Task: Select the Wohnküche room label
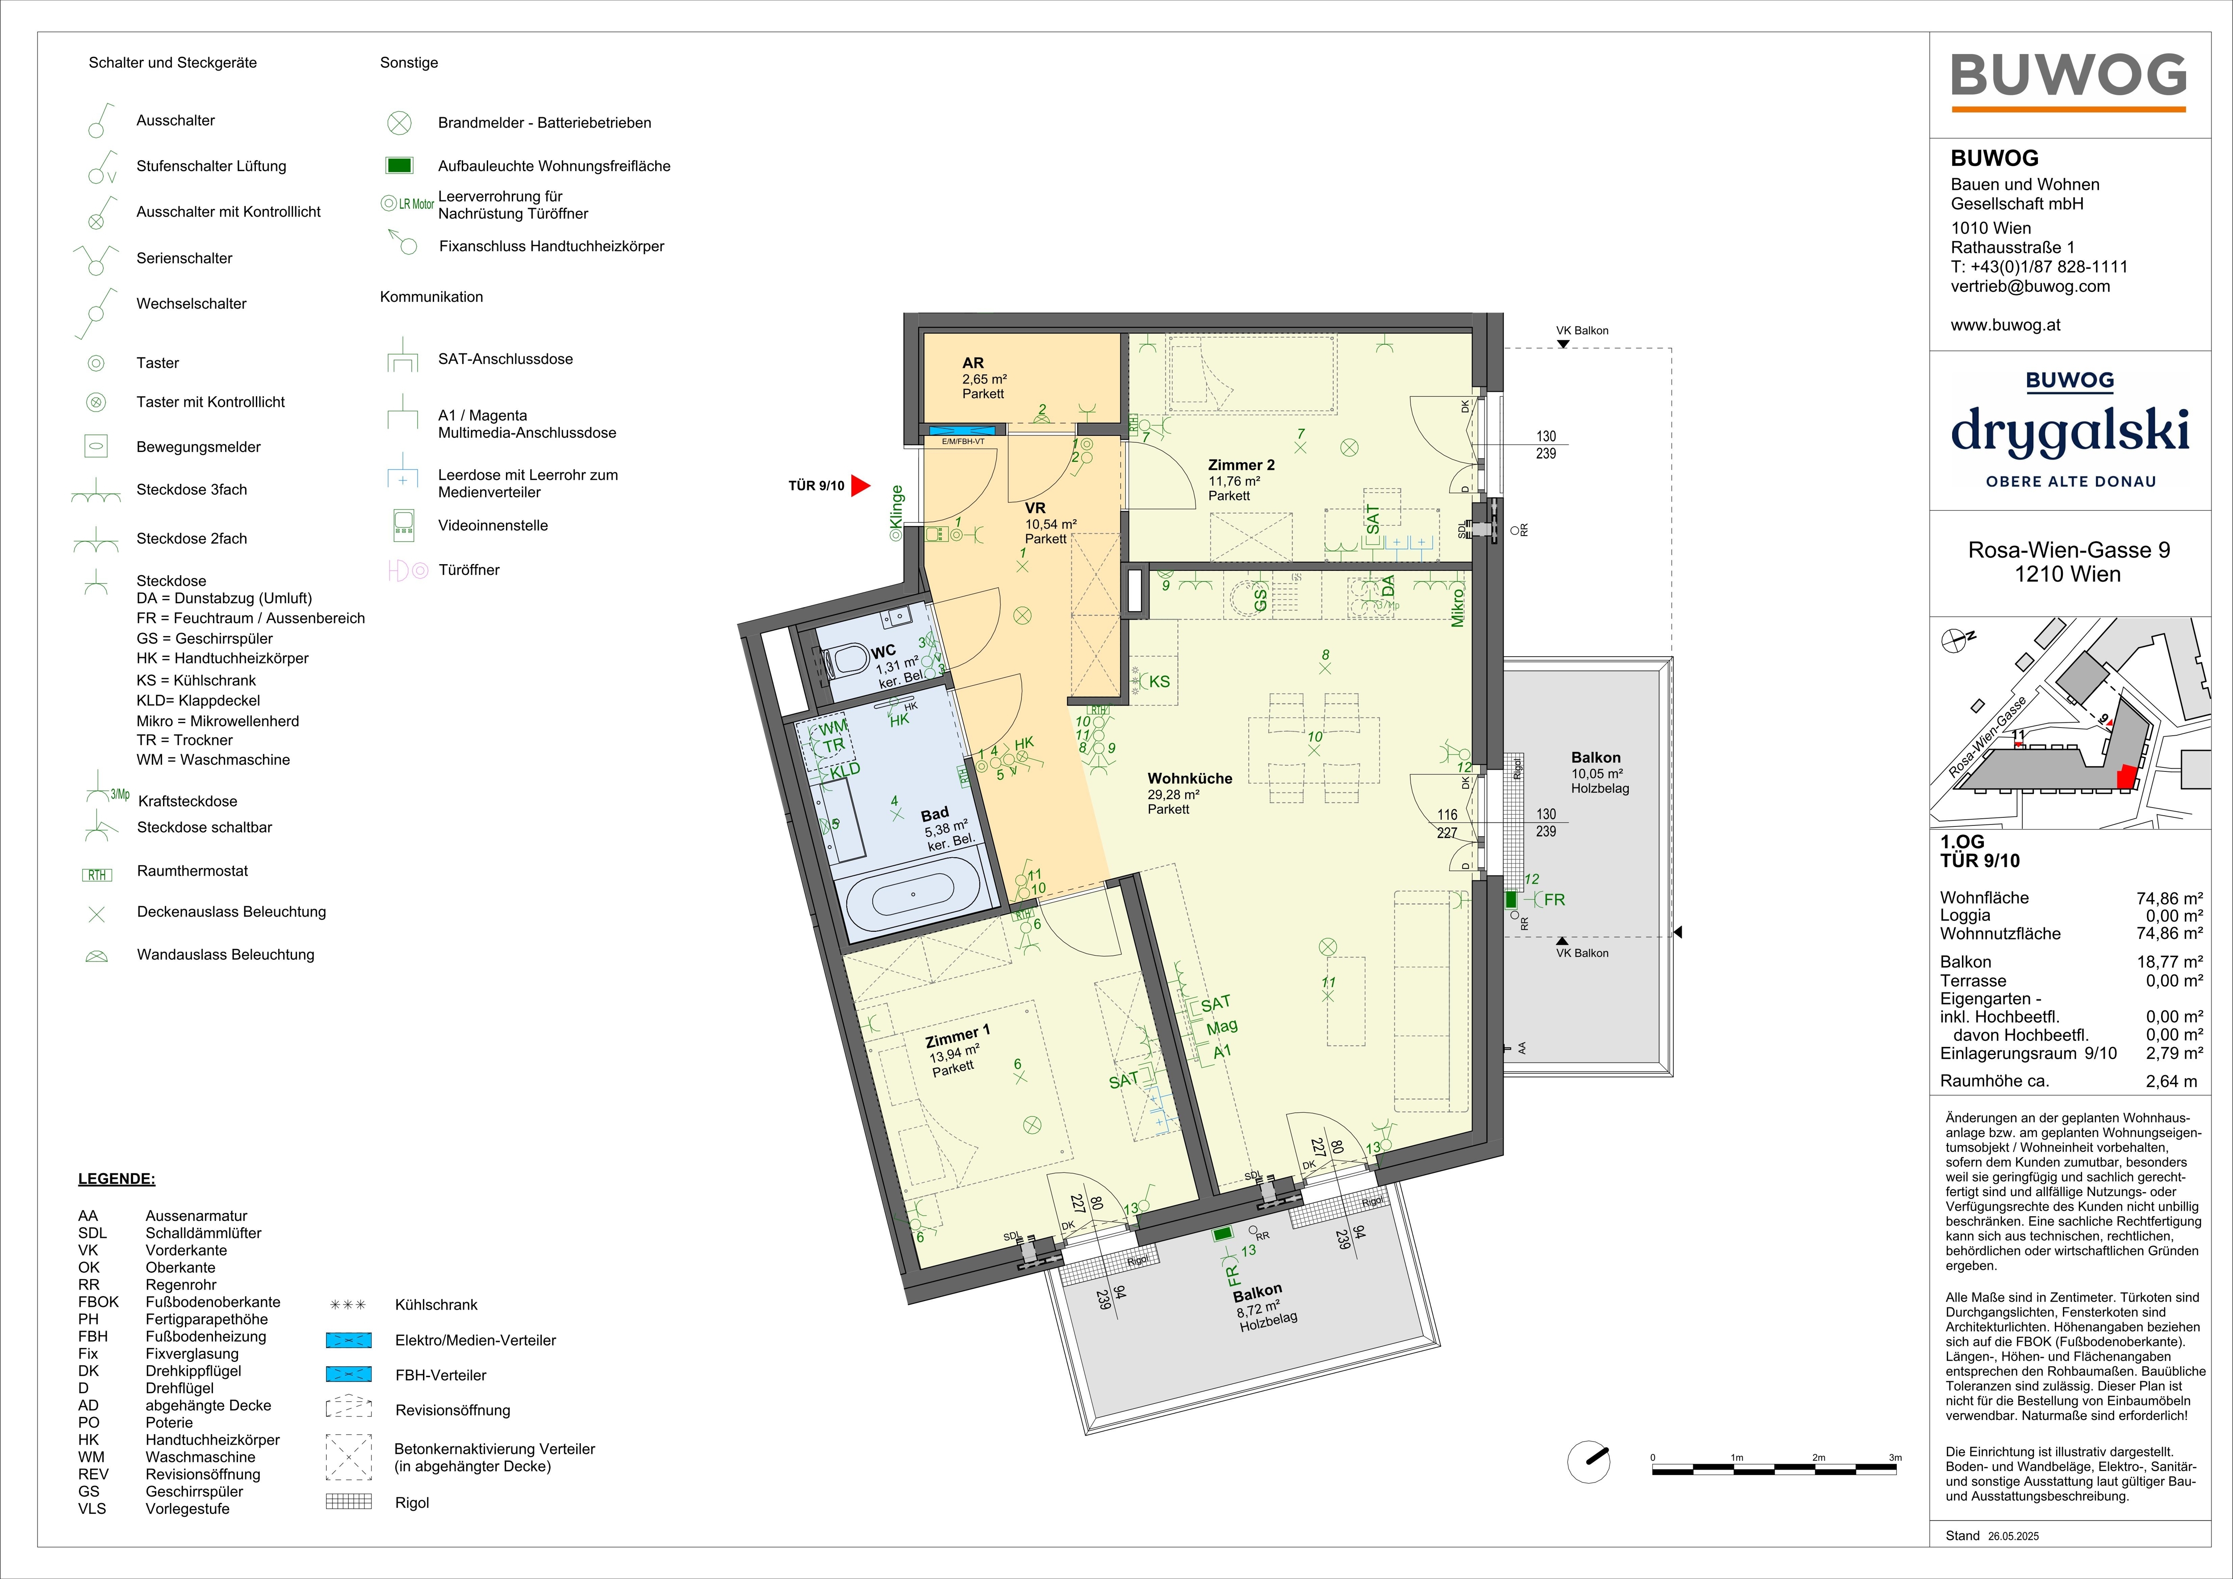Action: pos(1189,778)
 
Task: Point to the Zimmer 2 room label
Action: pos(1241,465)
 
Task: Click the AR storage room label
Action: pos(973,363)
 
